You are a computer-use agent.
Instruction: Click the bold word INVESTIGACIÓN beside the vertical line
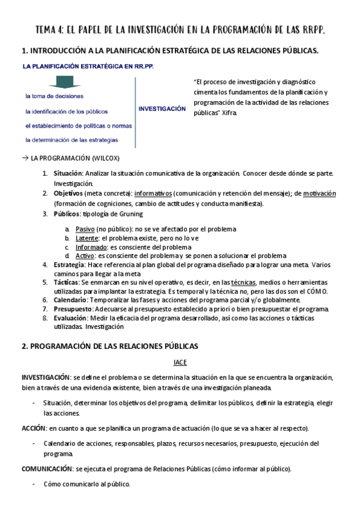tap(162, 109)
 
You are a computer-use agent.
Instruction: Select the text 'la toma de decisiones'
tap(54, 96)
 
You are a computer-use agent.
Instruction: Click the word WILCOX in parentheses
tap(104, 158)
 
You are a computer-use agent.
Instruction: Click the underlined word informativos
tap(153, 194)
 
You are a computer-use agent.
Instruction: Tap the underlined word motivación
tap(319, 194)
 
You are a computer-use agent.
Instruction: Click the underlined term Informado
tap(92, 247)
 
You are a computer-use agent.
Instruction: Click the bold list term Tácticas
tap(66, 282)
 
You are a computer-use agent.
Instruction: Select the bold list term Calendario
tap(70, 300)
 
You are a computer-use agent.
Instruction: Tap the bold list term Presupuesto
tap(72, 309)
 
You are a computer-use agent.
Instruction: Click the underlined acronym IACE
tap(180, 362)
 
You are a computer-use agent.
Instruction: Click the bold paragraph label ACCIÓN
tap(34, 428)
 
